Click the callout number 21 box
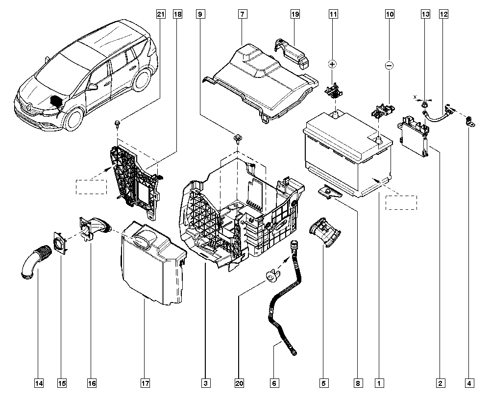click(x=160, y=15)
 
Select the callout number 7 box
click(x=242, y=15)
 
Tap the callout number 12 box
click(x=443, y=15)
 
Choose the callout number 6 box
click(x=274, y=383)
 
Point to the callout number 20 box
click(x=239, y=383)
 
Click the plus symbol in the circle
click(x=333, y=64)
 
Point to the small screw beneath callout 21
click(x=118, y=122)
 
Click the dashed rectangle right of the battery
click(x=401, y=202)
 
